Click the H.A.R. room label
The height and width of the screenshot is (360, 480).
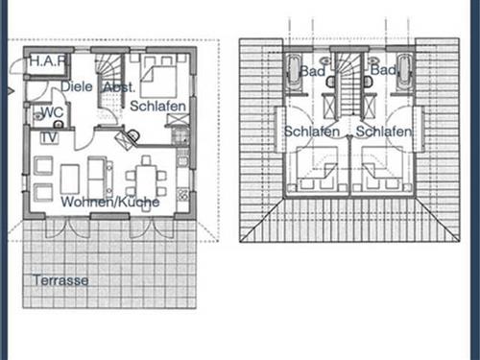pos(48,60)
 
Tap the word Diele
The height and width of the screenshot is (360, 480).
pos(77,86)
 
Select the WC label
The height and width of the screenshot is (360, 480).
pos(52,112)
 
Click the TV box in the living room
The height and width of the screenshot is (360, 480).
pos(50,137)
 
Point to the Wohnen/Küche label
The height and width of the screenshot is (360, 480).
pos(110,202)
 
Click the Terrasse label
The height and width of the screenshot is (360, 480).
pos(60,280)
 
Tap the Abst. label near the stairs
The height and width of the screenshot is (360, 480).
pos(118,87)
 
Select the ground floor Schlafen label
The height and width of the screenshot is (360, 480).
pos(157,106)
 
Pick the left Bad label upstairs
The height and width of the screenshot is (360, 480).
pos(312,71)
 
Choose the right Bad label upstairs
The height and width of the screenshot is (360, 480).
pos(383,70)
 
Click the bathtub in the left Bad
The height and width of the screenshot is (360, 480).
pos(294,73)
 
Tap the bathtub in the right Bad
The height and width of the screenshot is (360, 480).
pos(404,73)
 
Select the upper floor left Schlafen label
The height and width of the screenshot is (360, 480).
pos(312,132)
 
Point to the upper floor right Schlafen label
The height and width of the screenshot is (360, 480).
pos(384,132)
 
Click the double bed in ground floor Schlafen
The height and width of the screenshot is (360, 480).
pos(158,77)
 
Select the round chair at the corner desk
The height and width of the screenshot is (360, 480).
pos(133,134)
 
